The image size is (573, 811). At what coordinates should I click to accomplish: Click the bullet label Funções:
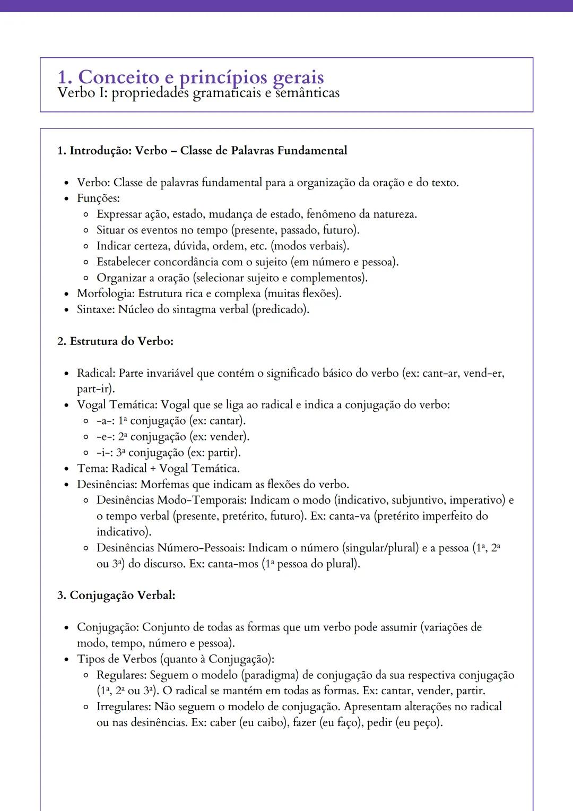(98, 199)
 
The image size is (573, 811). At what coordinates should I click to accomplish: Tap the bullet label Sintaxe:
(95, 309)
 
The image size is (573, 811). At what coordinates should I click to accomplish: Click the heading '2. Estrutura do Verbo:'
(115, 341)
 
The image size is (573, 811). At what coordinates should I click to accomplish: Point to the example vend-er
(483, 373)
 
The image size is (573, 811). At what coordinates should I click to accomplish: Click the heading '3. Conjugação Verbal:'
(116, 596)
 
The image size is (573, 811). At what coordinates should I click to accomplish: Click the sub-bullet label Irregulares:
(124, 707)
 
